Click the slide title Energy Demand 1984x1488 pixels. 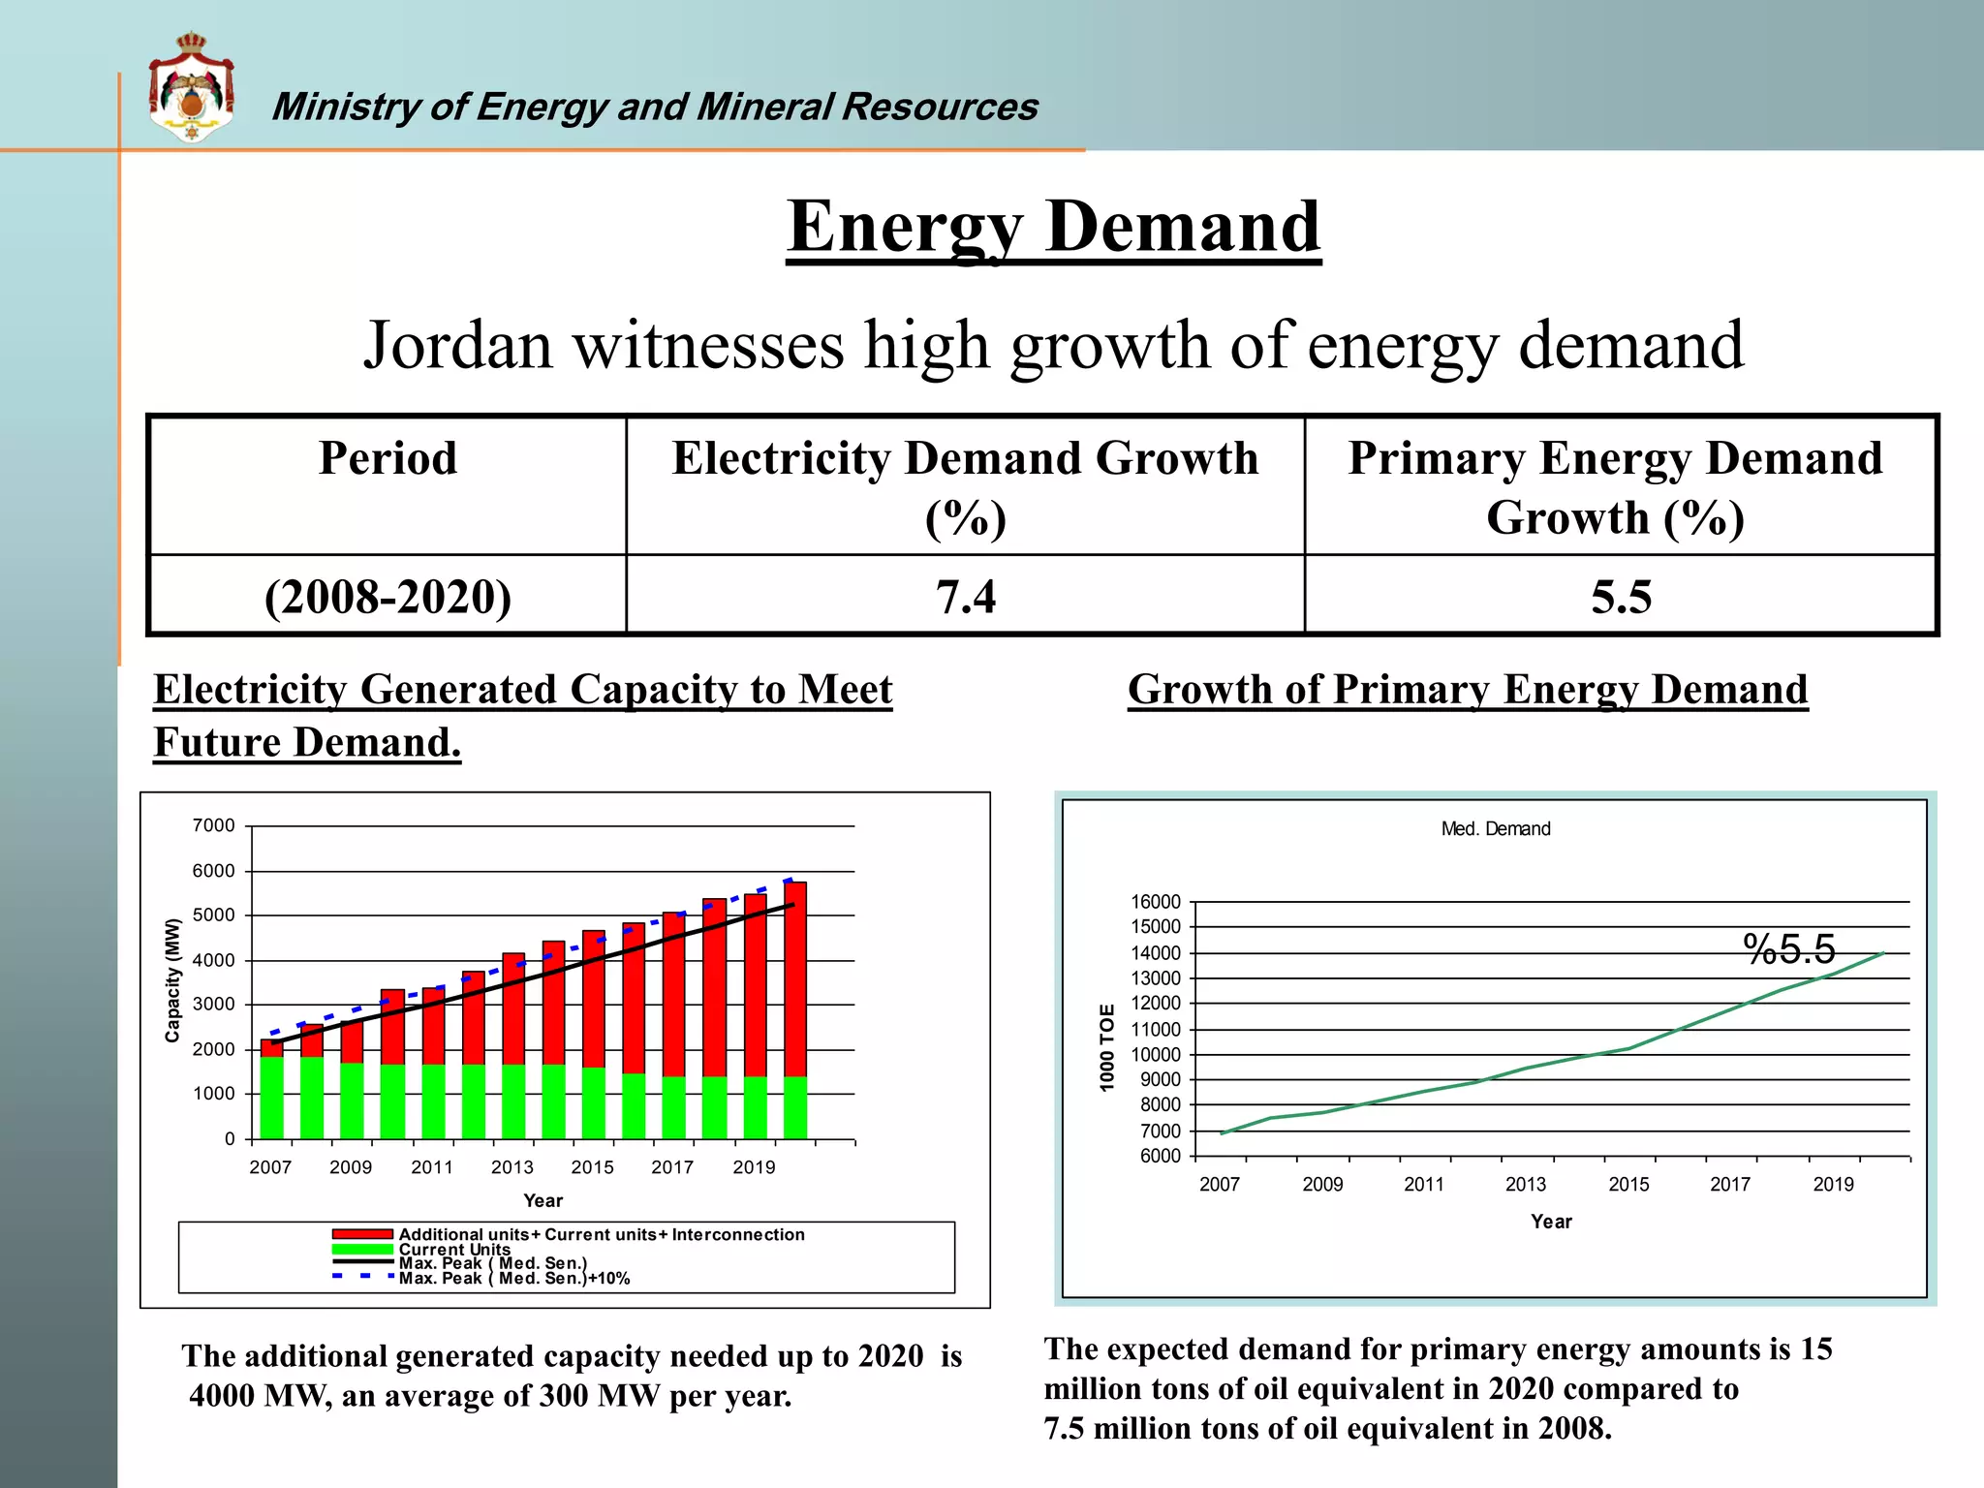point(1053,226)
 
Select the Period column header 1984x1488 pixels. point(387,458)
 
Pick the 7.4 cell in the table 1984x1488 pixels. point(965,596)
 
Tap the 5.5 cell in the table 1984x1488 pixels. point(1621,596)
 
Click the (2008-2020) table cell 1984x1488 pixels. point(387,596)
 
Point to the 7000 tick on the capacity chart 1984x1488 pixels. point(213,825)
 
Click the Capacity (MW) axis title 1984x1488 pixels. point(172,980)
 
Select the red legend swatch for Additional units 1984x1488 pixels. point(362,1234)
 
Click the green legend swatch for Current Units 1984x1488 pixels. point(362,1249)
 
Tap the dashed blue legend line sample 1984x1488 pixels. point(362,1277)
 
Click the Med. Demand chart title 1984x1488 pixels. point(1495,829)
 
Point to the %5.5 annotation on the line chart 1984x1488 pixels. point(1788,948)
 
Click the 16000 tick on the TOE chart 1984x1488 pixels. point(1155,902)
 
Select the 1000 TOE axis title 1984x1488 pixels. point(1107,1048)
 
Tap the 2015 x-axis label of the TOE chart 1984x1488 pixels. point(1628,1184)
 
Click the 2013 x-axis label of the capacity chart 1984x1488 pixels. point(511,1167)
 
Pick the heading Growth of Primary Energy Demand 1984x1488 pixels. point(1468,690)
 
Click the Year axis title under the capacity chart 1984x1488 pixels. point(542,1200)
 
